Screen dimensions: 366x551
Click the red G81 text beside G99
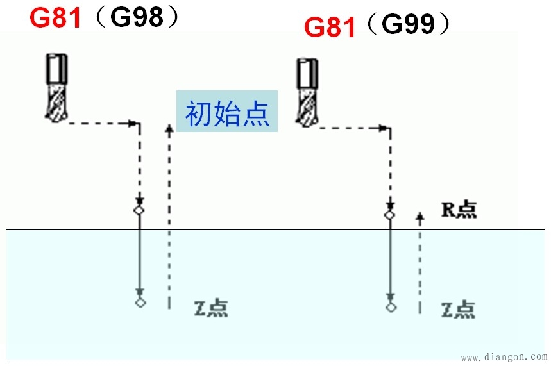click(330, 28)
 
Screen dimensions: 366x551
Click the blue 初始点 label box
click(227, 112)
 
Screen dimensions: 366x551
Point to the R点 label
click(459, 210)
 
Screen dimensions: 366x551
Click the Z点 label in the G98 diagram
click(210, 308)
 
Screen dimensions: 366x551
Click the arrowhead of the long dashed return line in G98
click(169, 129)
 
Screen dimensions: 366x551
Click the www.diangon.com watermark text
click(503, 356)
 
